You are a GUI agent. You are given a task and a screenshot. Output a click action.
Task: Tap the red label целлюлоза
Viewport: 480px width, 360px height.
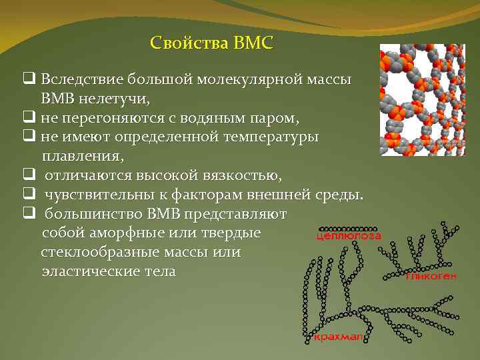347,235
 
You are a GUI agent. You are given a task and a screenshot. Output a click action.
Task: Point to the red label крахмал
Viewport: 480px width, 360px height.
338,338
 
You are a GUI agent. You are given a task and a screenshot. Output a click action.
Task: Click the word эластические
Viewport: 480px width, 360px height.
87,272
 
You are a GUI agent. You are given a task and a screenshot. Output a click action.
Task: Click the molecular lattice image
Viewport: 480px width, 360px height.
421,100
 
